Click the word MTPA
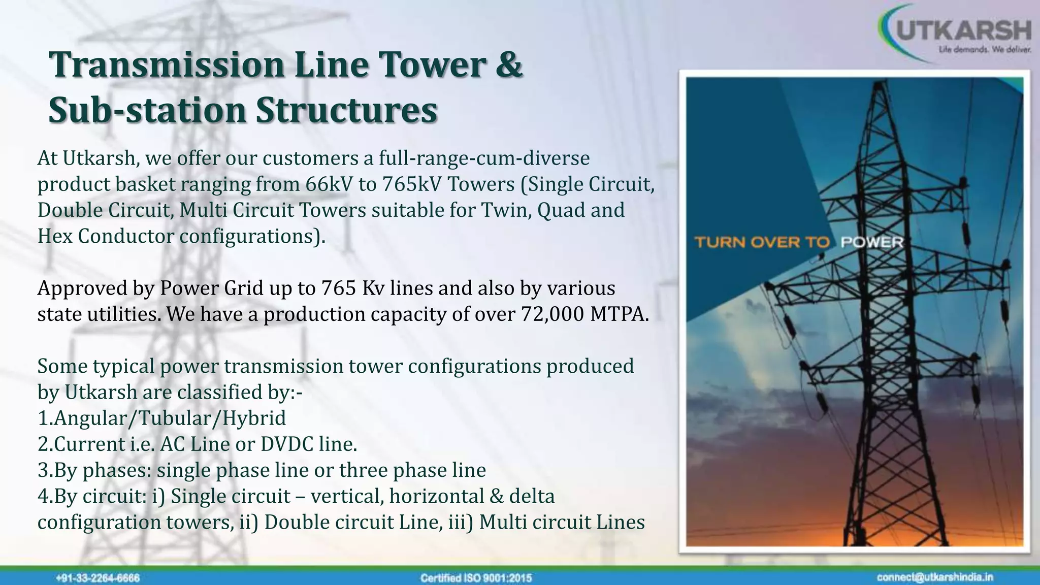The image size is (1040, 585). click(x=620, y=314)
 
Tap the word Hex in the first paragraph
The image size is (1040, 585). click(x=55, y=236)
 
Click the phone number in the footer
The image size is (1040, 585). click(x=97, y=578)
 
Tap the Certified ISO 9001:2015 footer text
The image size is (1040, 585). click(x=476, y=578)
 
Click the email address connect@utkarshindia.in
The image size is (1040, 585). click(x=935, y=577)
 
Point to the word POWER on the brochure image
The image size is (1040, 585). click(x=872, y=242)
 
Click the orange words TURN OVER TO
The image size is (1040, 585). click(x=762, y=242)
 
